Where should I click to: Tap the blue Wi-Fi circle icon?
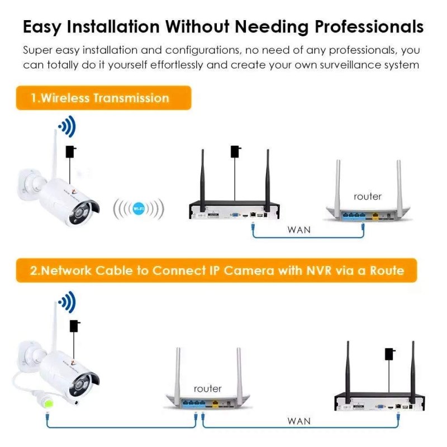tap(139, 209)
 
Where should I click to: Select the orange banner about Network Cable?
tap(217, 270)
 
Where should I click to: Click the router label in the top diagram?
tap(368, 196)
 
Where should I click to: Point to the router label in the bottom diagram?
tap(207, 388)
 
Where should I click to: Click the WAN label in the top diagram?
tap(299, 229)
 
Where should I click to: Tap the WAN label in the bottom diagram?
tap(299, 421)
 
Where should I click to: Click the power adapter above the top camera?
tap(72, 151)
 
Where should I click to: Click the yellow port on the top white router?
tap(376, 213)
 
